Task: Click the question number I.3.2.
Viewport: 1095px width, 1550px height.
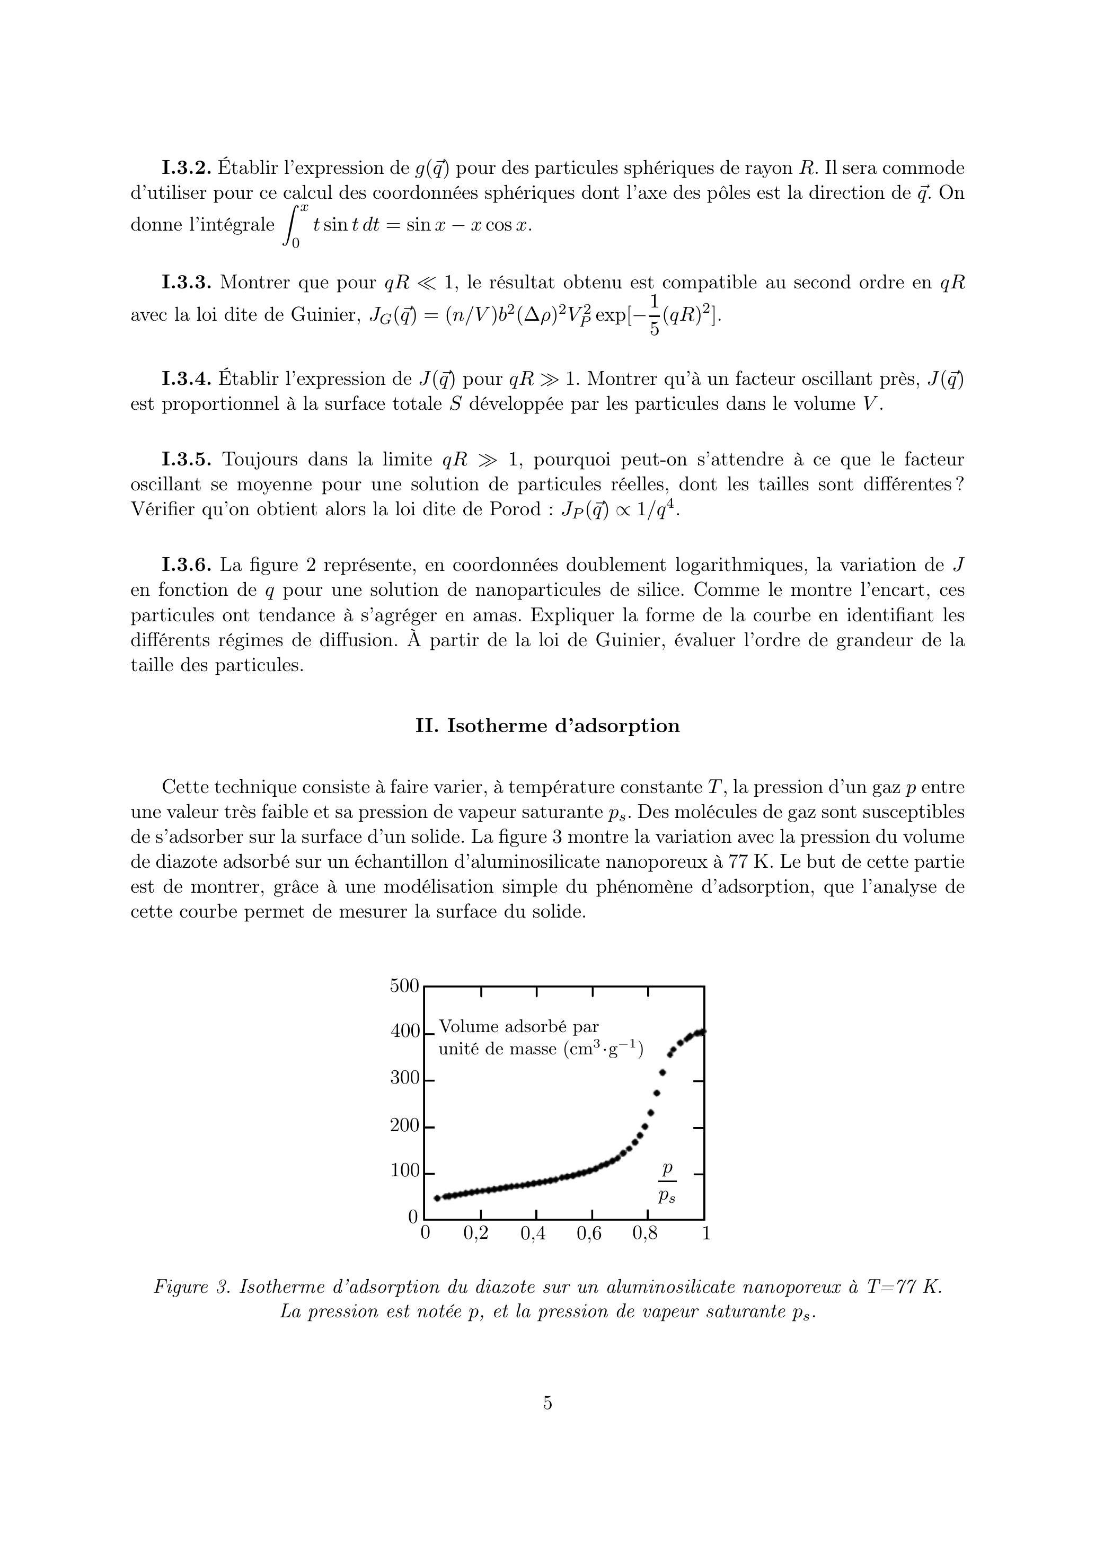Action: (187, 168)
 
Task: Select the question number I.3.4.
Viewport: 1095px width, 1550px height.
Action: (187, 380)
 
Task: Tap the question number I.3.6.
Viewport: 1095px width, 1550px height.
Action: (187, 565)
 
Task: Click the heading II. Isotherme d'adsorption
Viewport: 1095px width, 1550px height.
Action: (547, 726)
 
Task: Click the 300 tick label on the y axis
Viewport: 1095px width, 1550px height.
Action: (404, 1078)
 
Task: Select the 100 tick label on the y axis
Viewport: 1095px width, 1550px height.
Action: (404, 1170)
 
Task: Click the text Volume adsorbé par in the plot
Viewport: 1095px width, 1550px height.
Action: (518, 1027)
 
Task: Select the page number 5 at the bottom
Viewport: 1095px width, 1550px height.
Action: (547, 1403)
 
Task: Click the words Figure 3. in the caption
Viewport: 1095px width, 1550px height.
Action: (192, 1288)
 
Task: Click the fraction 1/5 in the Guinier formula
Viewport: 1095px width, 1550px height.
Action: (654, 315)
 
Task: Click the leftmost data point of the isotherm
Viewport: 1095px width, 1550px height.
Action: (437, 1198)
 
